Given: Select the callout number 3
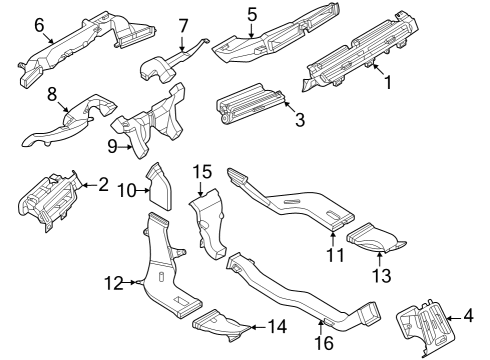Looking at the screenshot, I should [x=298, y=119].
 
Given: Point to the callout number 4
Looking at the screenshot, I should [x=468, y=317].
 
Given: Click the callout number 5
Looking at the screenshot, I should [x=252, y=14].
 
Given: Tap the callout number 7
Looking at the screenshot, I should [x=183, y=25].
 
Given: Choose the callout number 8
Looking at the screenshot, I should [x=52, y=95].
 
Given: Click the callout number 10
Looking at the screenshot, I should [x=127, y=189].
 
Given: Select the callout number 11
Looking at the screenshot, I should [x=335, y=254].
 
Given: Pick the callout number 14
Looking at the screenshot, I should [x=277, y=325].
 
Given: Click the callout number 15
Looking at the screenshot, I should [x=202, y=173].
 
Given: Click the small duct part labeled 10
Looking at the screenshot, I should [x=160, y=188].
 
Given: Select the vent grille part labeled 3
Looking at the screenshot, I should [x=246, y=110].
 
